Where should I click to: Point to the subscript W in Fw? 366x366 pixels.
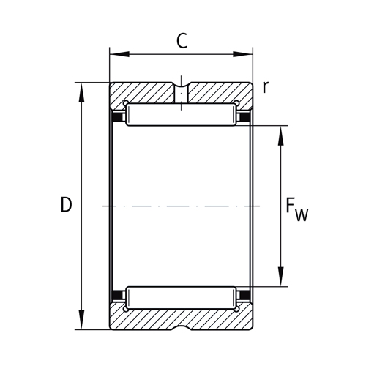[x=302, y=214]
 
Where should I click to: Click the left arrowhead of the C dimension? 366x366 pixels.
[x=115, y=53]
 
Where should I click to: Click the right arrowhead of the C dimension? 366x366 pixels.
[x=247, y=53]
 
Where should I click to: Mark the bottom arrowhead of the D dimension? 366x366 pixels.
[x=82, y=324]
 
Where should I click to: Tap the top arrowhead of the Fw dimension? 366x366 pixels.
[x=280, y=132]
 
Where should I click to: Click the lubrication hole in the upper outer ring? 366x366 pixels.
[x=181, y=93]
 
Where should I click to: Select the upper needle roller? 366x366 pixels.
[x=181, y=116]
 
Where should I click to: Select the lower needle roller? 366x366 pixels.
[x=181, y=297]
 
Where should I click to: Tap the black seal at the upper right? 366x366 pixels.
[x=246, y=117]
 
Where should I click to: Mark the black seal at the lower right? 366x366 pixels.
[x=246, y=296]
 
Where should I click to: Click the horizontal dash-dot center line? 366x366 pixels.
[x=181, y=206]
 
